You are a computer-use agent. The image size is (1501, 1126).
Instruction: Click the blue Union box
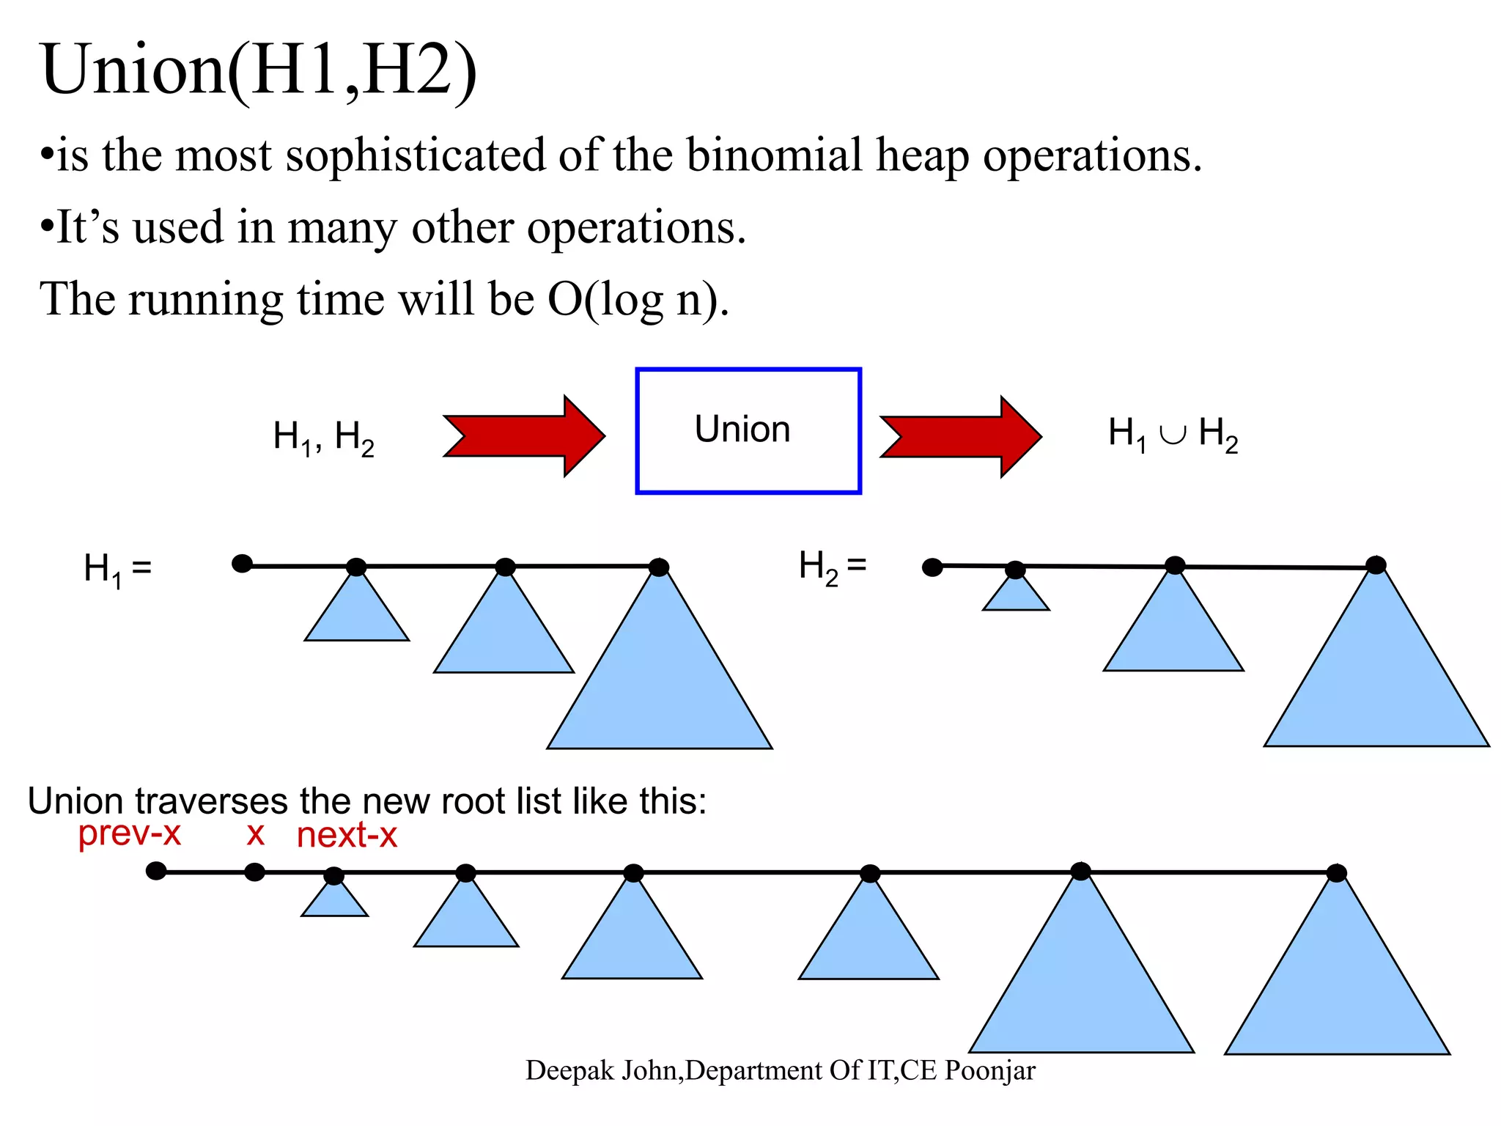(x=748, y=431)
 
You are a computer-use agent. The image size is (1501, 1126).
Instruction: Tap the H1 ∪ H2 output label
(x=1173, y=434)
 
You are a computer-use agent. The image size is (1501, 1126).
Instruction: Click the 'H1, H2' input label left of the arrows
(x=323, y=438)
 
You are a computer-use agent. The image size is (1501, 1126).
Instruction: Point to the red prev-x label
(x=129, y=834)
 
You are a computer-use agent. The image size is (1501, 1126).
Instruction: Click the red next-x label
(x=347, y=836)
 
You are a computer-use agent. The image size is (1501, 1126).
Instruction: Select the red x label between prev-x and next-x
(x=255, y=834)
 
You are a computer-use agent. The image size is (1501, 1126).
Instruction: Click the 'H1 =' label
(x=117, y=570)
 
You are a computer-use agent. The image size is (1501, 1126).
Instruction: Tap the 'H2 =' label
(x=833, y=567)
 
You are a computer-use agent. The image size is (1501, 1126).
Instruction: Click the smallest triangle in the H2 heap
(x=1016, y=595)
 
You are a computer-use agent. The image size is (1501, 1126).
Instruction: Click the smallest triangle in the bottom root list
(x=334, y=901)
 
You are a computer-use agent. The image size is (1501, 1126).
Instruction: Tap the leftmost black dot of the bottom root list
(x=156, y=871)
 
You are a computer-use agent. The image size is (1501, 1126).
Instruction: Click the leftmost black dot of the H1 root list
(x=242, y=564)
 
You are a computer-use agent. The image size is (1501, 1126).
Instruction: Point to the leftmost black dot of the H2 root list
(x=932, y=567)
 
